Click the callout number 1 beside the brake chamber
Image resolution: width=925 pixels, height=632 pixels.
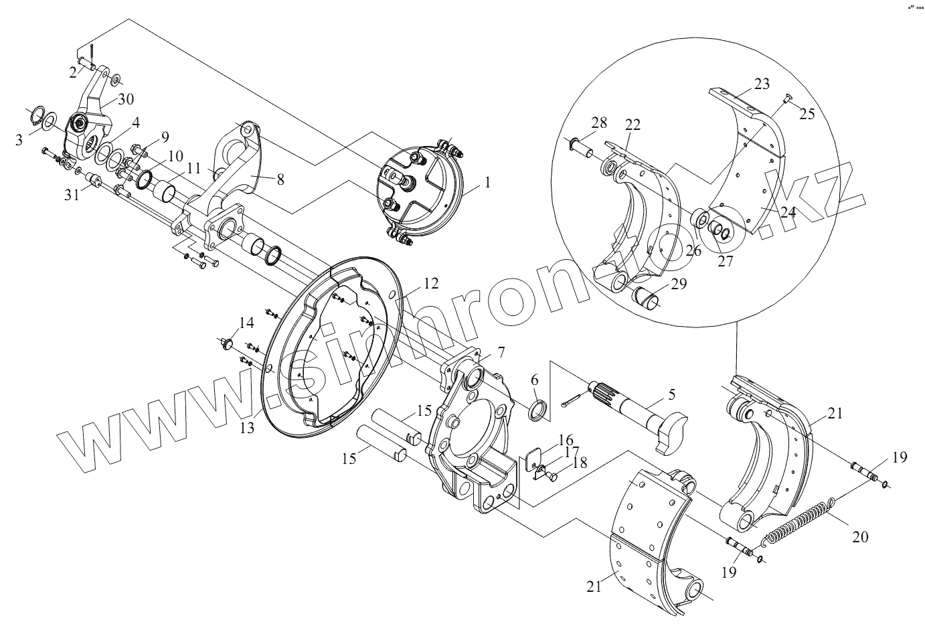point(487,181)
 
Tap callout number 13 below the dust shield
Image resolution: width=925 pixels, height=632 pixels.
point(248,427)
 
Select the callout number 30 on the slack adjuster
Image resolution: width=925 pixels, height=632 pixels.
point(126,100)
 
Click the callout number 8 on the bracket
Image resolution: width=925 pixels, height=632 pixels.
point(280,179)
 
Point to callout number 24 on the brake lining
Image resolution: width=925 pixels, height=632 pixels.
point(787,212)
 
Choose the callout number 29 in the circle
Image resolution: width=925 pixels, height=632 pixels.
point(678,283)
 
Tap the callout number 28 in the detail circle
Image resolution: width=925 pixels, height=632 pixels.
point(598,122)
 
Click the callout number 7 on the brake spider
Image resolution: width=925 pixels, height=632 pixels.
point(501,351)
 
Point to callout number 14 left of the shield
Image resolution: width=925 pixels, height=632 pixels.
point(246,323)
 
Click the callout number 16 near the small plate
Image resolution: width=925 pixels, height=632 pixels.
point(566,440)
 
